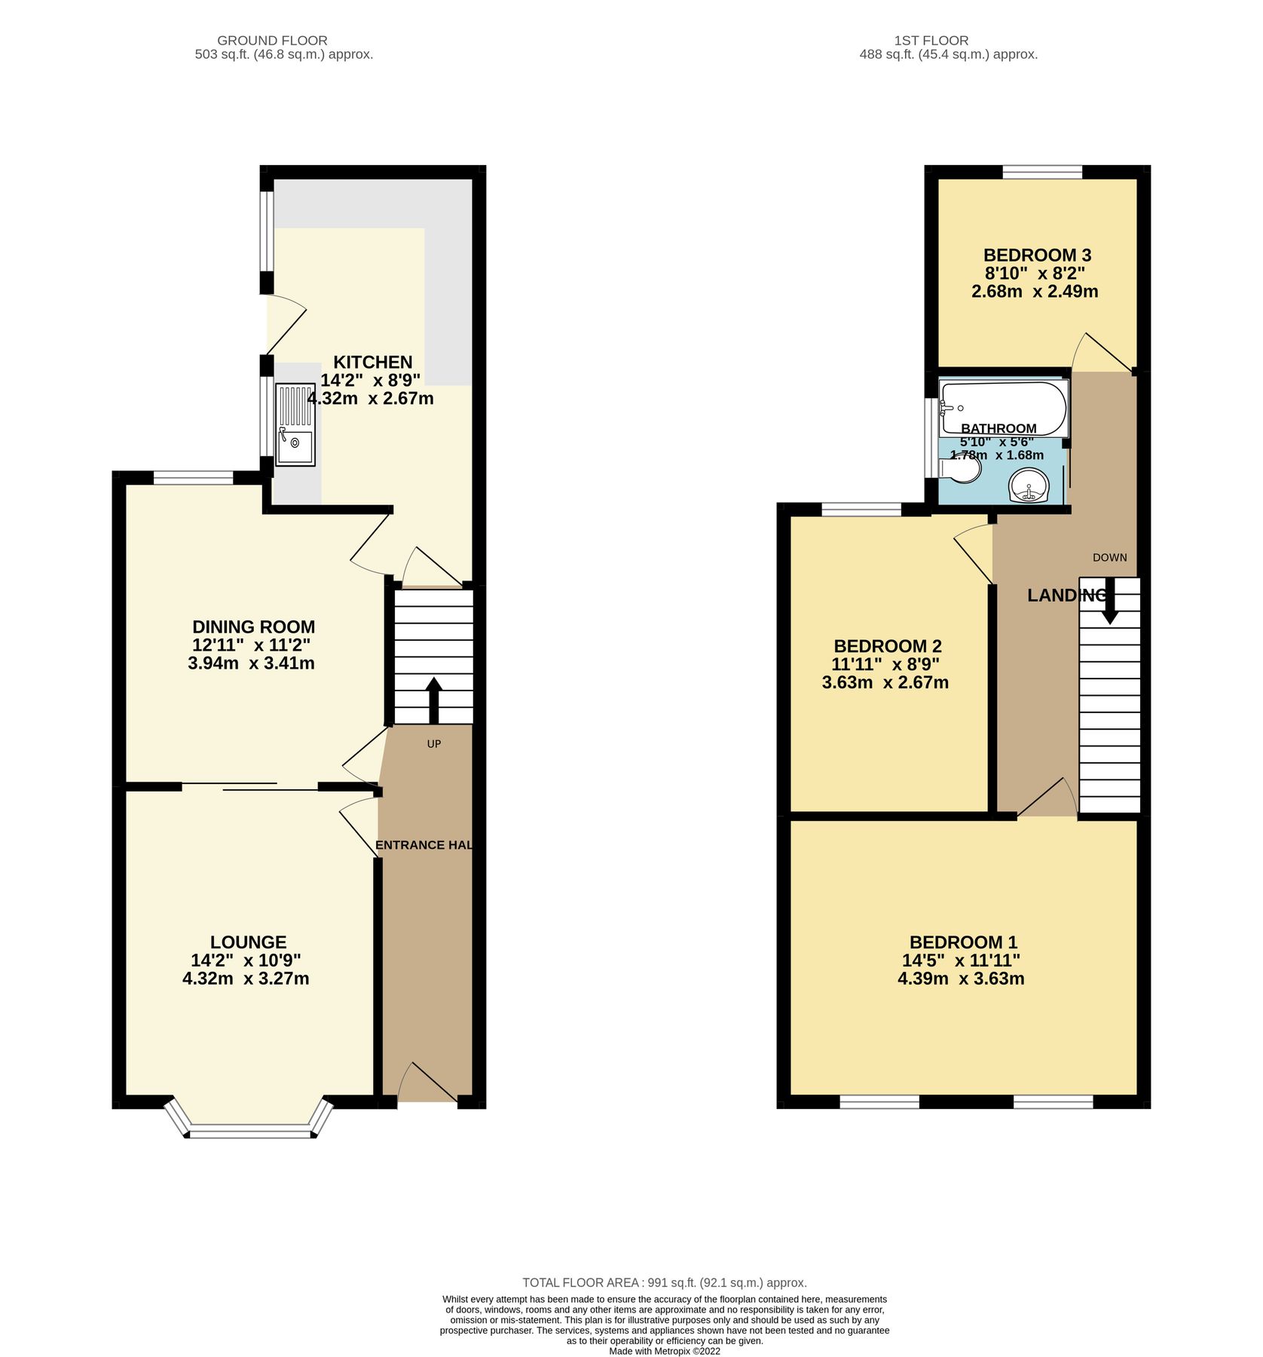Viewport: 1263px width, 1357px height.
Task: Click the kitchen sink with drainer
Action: (x=295, y=424)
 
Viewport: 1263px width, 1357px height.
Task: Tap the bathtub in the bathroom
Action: (x=1002, y=408)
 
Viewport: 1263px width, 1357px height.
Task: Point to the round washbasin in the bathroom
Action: (x=1029, y=485)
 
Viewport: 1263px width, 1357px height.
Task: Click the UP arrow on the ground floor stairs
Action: (x=434, y=700)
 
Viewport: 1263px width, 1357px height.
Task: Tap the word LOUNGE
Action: (x=248, y=942)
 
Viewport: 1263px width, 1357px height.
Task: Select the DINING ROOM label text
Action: (x=253, y=626)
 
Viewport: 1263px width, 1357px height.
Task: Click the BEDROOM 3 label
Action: (x=1036, y=255)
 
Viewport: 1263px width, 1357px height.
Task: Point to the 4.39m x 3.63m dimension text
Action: (x=961, y=979)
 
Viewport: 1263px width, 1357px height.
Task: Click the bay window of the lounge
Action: (x=249, y=1130)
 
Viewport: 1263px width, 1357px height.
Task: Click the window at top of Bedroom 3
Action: (x=1042, y=172)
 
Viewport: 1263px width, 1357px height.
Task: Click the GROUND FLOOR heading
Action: (x=272, y=41)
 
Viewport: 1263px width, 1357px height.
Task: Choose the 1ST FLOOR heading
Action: (x=931, y=41)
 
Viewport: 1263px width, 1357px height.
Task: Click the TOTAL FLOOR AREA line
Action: (x=664, y=1282)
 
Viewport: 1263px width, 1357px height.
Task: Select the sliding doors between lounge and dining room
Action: (x=249, y=787)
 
